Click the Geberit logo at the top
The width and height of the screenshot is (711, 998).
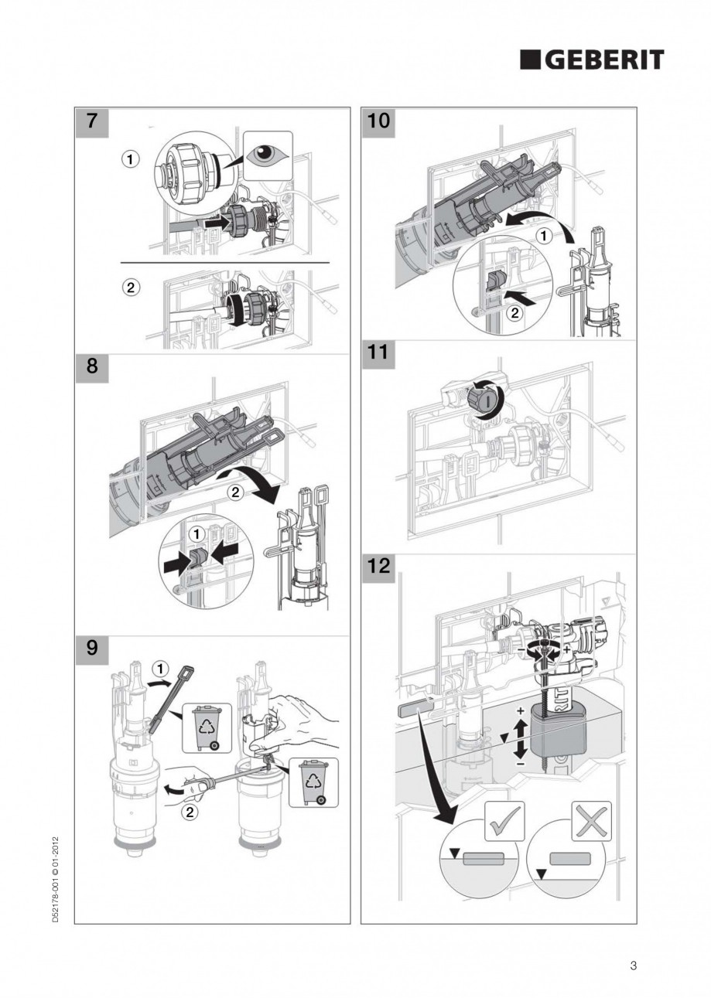click(591, 60)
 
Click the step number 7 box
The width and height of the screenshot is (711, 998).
click(91, 121)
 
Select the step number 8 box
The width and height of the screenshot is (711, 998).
click(91, 367)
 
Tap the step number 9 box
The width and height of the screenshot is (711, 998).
click(91, 648)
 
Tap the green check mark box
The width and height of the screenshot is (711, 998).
click(504, 820)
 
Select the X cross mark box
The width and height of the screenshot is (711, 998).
click(591, 820)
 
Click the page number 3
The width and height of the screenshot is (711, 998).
click(633, 965)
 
